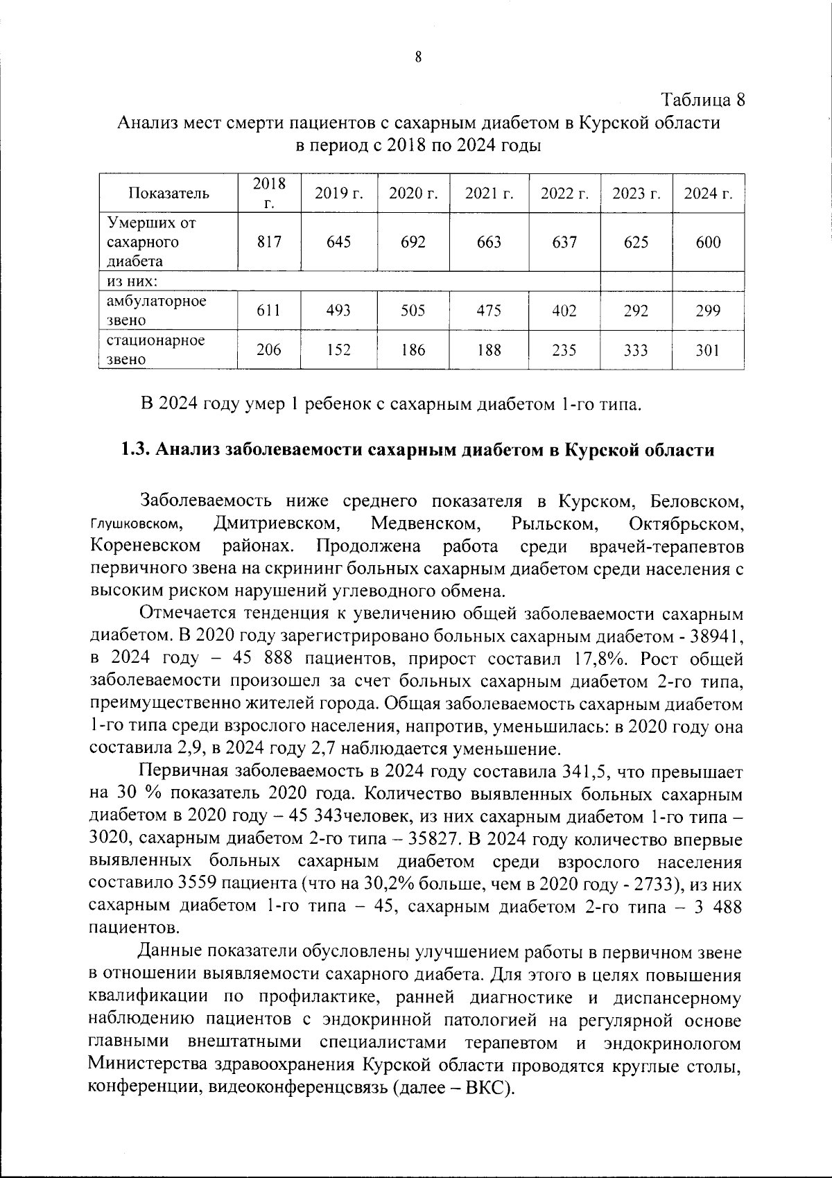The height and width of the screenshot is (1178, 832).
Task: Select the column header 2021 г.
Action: click(489, 193)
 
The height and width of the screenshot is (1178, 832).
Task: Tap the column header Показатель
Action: click(169, 193)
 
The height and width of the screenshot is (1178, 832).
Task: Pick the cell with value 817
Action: click(269, 242)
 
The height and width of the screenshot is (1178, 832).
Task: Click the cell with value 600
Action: click(708, 242)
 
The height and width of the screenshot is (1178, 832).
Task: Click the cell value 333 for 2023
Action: click(636, 350)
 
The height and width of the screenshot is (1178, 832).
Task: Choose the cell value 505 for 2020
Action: click(413, 311)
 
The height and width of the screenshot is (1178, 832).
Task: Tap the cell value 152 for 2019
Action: click(338, 350)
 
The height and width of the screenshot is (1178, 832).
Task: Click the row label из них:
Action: click(132, 281)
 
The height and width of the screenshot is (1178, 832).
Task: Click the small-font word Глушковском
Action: click(137, 523)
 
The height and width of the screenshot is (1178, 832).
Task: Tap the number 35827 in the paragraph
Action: click(431, 839)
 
